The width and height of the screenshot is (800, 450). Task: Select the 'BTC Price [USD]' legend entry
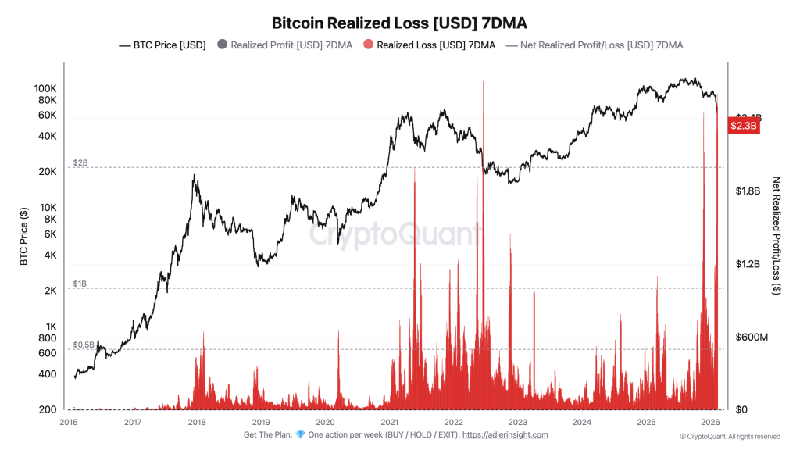click(x=162, y=45)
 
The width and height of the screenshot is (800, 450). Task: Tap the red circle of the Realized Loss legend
click(x=369, y=45)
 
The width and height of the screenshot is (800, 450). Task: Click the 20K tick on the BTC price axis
click(x=48, y=172)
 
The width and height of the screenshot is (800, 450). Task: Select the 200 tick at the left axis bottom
click(x=48, y=409)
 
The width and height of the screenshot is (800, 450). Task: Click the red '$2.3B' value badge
click(x=744, y=126)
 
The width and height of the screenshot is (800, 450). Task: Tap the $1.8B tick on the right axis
click(x=748, y=191)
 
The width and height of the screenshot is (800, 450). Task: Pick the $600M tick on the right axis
click(x=752, y=337)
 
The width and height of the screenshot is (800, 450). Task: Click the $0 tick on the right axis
click(x=742, y=409)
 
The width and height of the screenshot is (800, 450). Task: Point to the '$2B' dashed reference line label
click(x=80, y=162)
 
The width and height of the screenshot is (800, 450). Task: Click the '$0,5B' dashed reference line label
click(x=84, y=344)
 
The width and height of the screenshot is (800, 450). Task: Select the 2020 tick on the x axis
click(x=325, y=423)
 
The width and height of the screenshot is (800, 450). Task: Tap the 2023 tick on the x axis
click(x=517, y=423)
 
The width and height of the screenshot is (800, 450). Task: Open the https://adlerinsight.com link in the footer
click(x=505, y=435)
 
